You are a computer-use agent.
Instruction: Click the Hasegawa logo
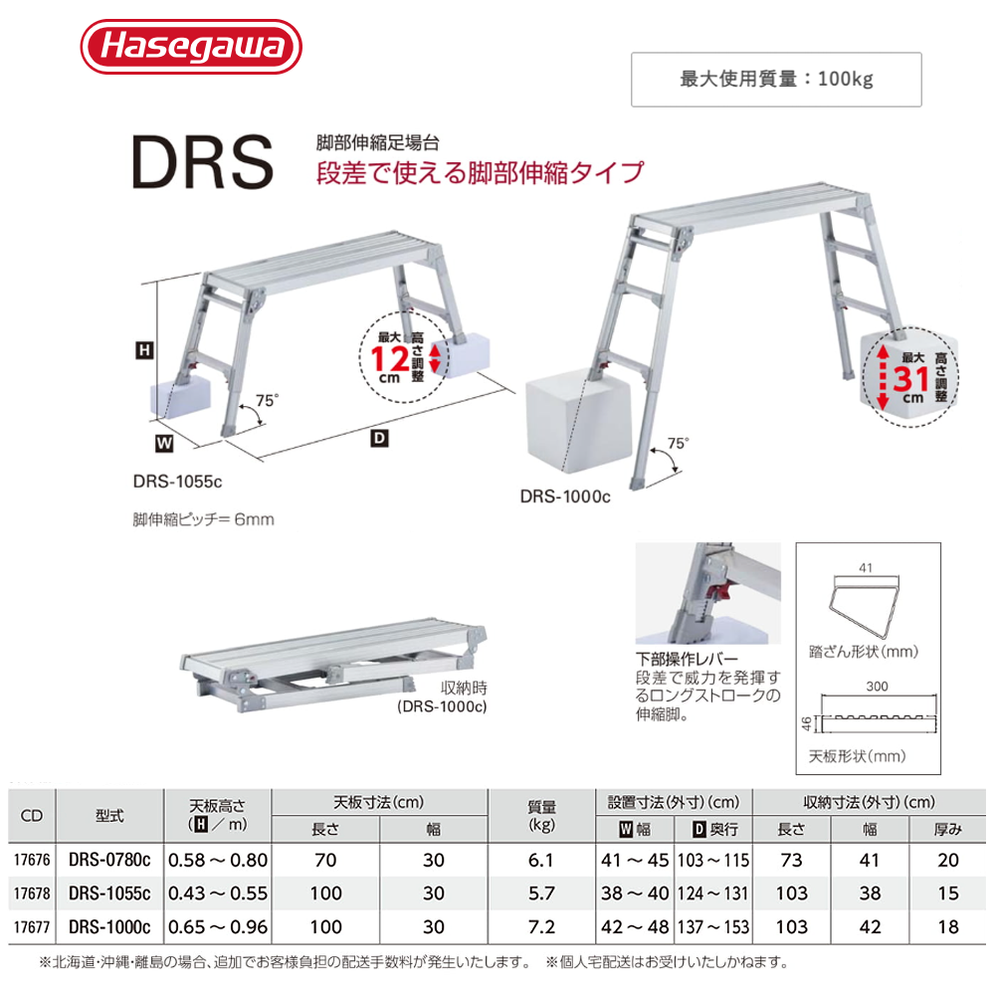pyautogui.click(x=189, y=48)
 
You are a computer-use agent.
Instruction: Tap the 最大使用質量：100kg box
pyautogui.click(x=776, y=79)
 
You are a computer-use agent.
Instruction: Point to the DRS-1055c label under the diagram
pyautogui.click(x=175, y=481)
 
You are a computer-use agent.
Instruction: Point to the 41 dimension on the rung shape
pyautogui.click(x=865, y=568)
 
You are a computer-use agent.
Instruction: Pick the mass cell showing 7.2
pyautogui.click(x=542, y=927)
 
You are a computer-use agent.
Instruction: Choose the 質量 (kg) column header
pyautogui.click(x=542, y=815)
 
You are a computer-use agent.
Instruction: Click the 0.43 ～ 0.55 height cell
pyautogui.click(x=218, y=894)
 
